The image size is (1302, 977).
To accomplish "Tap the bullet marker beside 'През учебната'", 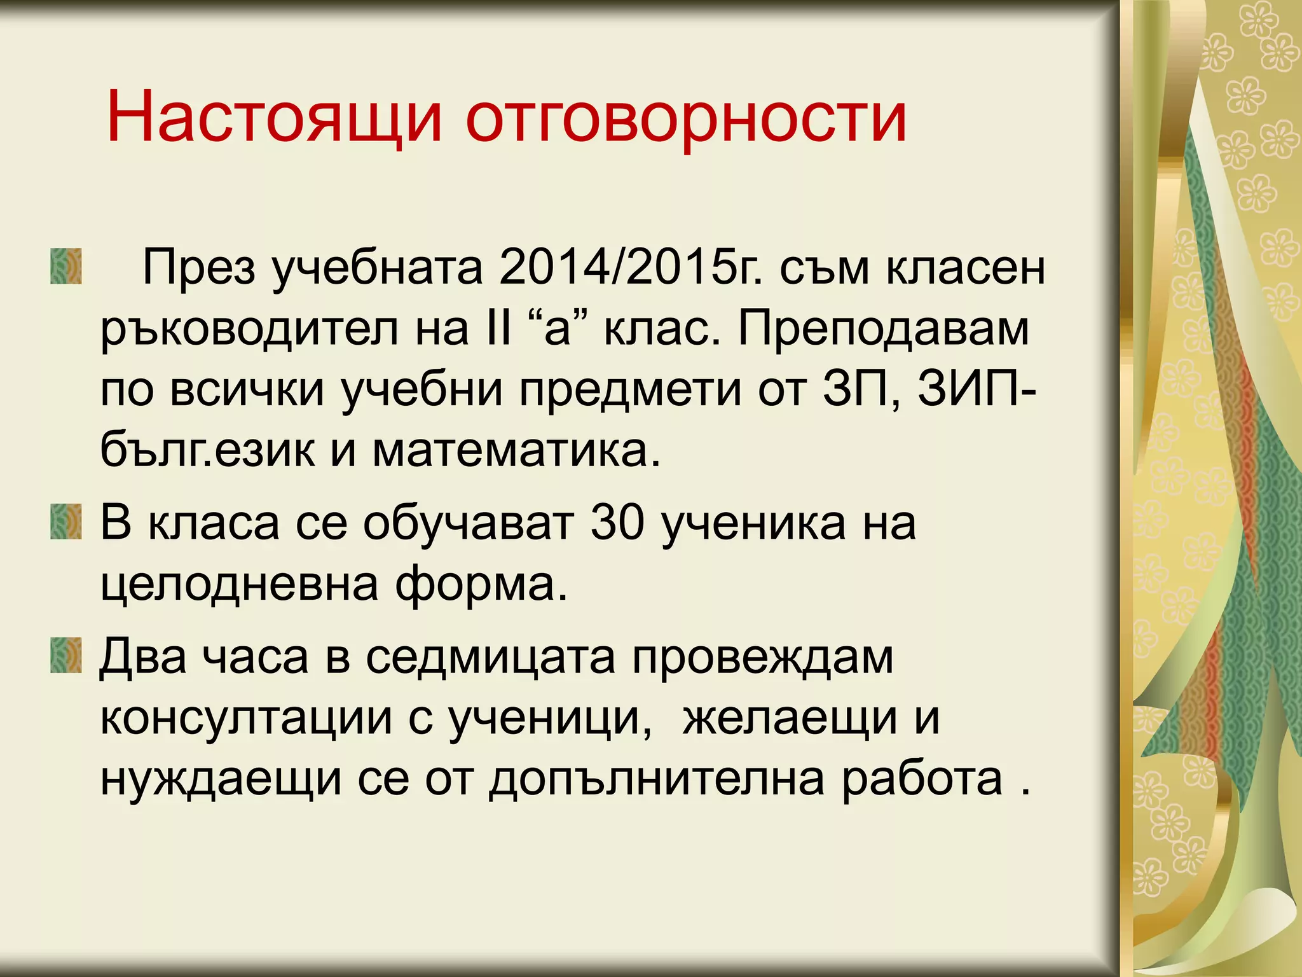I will (66, 266).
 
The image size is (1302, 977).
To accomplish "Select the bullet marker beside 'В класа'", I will (66, 522).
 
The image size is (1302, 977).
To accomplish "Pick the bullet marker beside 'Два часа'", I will (66, 655).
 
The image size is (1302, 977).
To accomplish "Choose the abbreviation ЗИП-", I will (976, 389).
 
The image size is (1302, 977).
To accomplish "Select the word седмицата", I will (490, 658).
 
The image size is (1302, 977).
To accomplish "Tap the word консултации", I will (246, 717).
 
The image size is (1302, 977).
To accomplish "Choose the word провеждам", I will (763, 658).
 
